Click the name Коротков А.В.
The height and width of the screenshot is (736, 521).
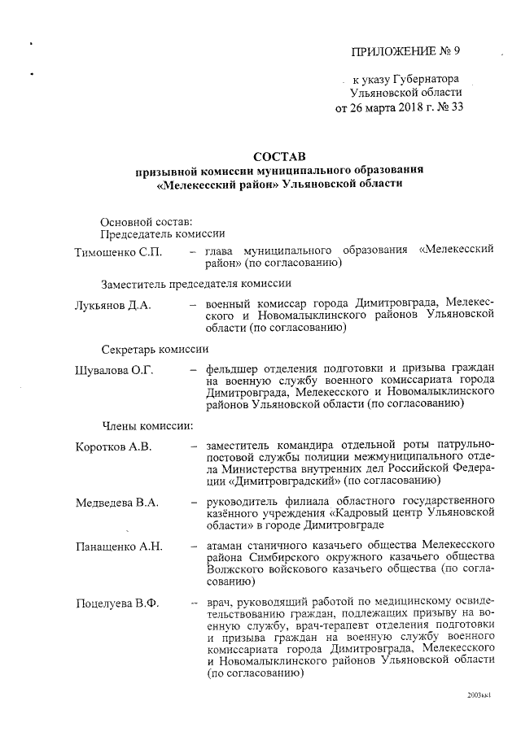pyautogui.click(x=113, y=446)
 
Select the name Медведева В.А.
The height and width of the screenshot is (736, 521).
pyautogui.click(x=116, y=501)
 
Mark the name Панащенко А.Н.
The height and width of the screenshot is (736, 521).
pyautogui.click(x=119, y=545)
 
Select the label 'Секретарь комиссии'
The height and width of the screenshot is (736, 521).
pyautogui.click(x=155, y=349)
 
